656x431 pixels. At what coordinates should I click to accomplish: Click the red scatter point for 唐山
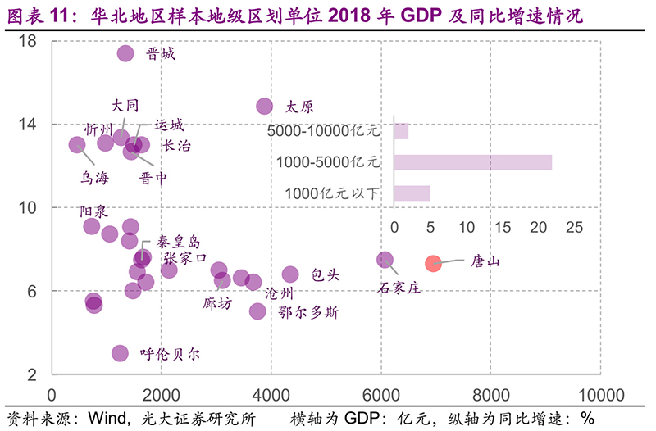click(433, 263)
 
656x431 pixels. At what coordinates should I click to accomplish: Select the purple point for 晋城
click(125, 53)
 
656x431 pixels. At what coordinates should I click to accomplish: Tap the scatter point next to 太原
click(265, 106)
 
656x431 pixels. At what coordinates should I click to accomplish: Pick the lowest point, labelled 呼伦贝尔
click(120, 353)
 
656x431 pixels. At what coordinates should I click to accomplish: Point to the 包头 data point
click(290, 274)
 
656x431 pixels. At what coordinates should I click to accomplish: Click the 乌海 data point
click(77, 145)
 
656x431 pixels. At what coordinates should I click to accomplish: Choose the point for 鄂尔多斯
click(257, 311)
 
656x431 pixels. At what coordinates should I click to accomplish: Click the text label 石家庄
click(399, 288)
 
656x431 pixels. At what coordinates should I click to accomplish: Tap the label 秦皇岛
click(178, 242)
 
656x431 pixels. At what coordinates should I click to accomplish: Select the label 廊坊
click(217, 303)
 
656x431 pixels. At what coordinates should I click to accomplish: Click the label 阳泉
click(93, 211)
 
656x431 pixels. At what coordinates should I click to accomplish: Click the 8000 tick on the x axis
click(490, 394)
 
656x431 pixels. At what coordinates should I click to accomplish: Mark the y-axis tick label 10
click(28, 207)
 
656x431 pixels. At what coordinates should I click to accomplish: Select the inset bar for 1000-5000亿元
click(472, 162)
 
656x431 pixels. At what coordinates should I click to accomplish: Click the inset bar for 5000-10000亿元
click(401, 131)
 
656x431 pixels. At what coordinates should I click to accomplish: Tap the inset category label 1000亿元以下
click(333, 194)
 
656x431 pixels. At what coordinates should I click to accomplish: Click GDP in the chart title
click(425, 15)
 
